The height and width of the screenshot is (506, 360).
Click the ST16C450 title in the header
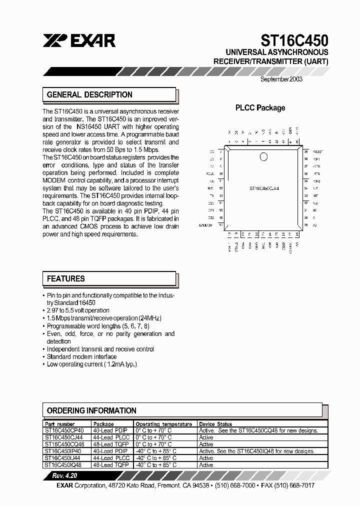[x=294, y=40]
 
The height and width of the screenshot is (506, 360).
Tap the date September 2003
[x=281, y=79]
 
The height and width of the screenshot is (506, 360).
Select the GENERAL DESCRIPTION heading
[x=89, y=94]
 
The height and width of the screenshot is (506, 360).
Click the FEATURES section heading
[x=66, y=278]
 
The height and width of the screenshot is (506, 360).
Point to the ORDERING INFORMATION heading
[x=91, y=410]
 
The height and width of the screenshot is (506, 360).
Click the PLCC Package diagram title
[x=260, y=107]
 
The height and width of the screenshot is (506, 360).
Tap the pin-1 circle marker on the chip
[x=263, y=157]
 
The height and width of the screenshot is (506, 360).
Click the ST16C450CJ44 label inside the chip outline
[x=264, y=188]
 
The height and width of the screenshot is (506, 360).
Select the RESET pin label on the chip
[x=318, y=151]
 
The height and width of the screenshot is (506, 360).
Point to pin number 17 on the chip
[x=221, y=225]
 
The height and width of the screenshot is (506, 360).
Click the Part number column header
[x=59, y=424]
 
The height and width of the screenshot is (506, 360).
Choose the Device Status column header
[x=215, y=424]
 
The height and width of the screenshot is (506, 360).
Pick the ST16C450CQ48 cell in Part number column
[x=64, y=444]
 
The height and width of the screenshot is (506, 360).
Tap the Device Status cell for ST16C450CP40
[x=258, y=430]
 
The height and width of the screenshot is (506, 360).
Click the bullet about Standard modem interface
[x=81, y=356]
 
